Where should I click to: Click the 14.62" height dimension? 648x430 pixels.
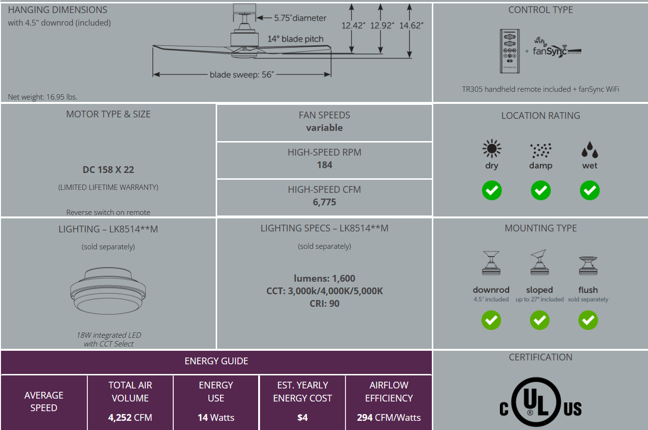411,26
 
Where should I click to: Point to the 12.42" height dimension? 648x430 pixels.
353,26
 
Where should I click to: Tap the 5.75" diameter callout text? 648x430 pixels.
300,18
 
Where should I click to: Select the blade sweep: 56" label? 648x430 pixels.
242,74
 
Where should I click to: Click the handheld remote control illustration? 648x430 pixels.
510,51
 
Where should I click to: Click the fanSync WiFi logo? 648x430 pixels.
557,47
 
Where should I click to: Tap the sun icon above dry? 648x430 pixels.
492,149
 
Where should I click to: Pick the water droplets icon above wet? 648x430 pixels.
590,149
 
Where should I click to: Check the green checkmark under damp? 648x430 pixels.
540,190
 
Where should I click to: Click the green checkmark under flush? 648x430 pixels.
588,320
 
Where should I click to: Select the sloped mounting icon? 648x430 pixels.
539,262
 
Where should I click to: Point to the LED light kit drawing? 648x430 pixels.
108,291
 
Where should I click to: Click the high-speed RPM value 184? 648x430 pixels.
324,165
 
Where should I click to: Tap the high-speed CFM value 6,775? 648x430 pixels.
324,202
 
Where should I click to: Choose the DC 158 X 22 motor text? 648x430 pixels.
108,170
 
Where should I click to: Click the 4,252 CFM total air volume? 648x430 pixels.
130,417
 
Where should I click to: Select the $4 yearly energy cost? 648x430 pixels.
303,417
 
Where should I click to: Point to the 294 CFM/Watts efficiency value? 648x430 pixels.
388,417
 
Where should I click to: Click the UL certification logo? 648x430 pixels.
540,402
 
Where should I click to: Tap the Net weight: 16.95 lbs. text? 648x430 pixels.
42,97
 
